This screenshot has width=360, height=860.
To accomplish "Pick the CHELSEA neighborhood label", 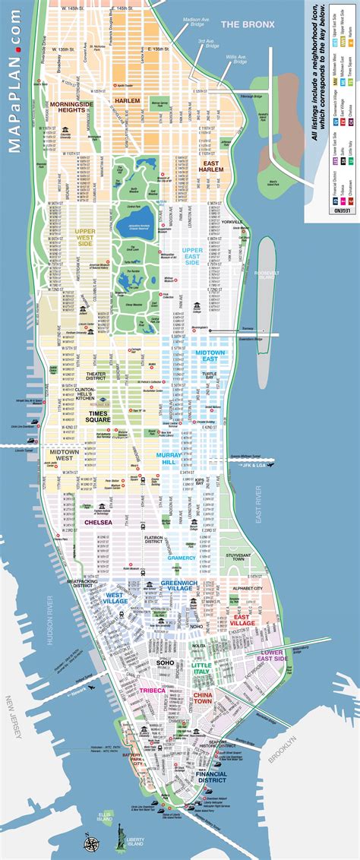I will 99,522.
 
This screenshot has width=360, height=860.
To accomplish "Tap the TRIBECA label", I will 152,690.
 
